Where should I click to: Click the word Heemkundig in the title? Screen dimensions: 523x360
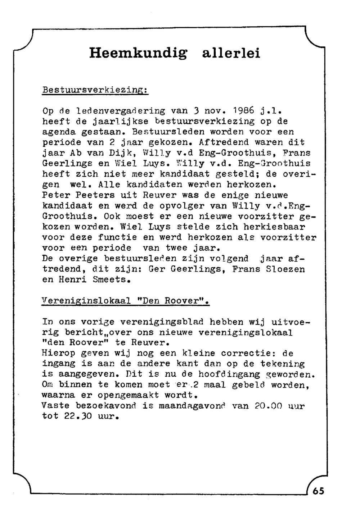[139, 54]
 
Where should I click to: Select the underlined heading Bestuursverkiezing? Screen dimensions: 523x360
[95, 90]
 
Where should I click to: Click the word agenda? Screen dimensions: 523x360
[59, 132]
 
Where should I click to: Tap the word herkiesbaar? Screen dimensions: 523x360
[274, 227]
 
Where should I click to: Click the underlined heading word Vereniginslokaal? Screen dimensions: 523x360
[86, 301]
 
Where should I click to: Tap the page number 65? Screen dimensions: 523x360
[318, 491]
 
